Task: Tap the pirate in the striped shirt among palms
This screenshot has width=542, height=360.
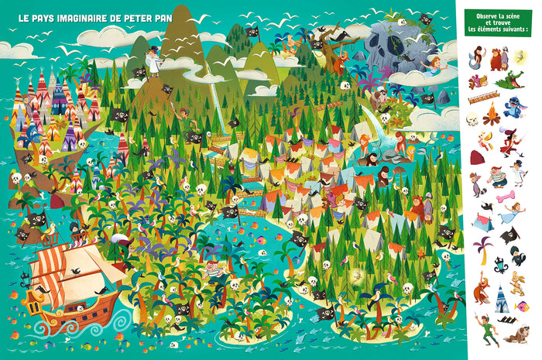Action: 216,272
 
